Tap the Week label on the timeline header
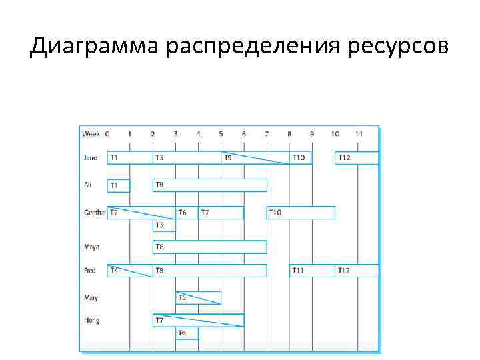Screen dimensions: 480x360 (x=91, y=134)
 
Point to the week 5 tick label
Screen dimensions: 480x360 (x=221, y=134)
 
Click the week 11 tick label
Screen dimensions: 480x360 (x=359, y=134)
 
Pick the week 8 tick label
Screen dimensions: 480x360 (x=289, y=134)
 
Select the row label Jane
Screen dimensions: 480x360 (x=91, y=158)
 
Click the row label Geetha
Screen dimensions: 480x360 (x=94, y=213)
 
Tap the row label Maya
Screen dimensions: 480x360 (x=92, y=247)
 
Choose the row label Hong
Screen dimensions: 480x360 (x=92, y=320)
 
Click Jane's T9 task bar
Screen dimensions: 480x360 (x=255, y=158)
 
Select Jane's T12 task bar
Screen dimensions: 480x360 (x=356, y=158)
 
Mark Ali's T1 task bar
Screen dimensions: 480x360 (x=119, y=185)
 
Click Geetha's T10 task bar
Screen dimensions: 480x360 (x=301, y=213)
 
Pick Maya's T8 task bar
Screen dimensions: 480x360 (x=209, y=247)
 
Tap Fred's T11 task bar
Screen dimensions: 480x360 (x=312, y=271)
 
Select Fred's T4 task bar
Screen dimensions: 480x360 (x=130, y=271)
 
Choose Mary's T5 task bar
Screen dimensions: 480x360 (x=198, y=298)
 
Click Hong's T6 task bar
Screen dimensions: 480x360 (x=187, y=332)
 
